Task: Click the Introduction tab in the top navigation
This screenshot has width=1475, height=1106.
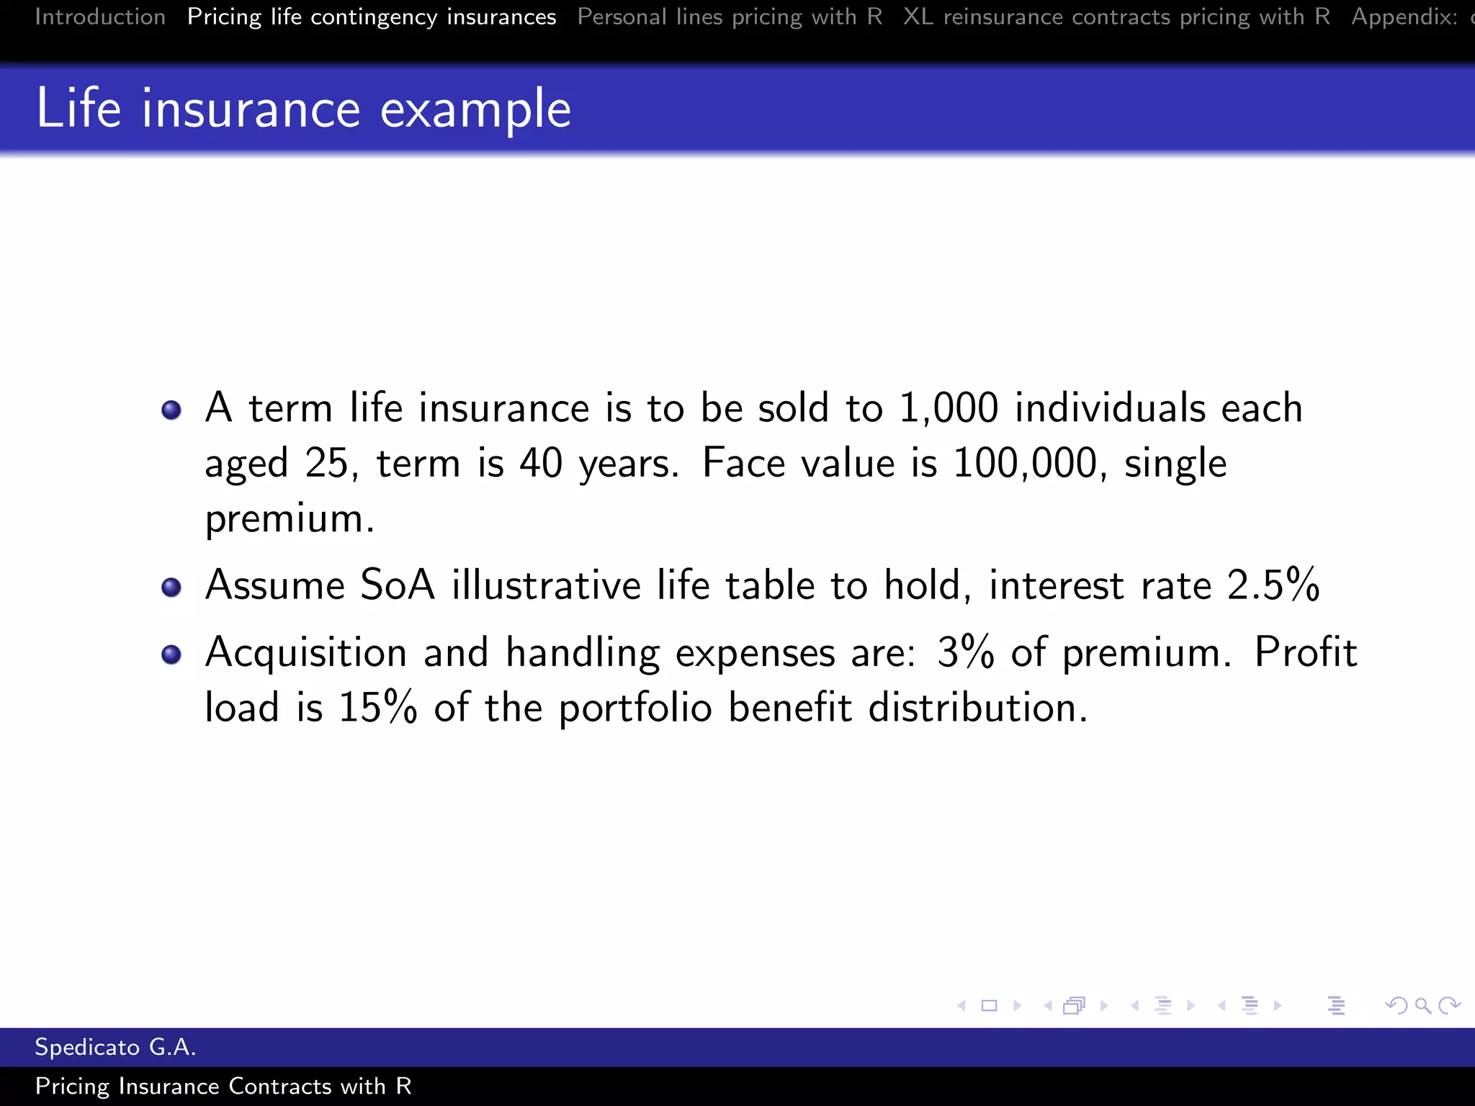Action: pyautogui.click(x=100, y=17)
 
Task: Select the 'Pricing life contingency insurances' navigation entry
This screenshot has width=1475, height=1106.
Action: pyautogui.click(x=371, y=17)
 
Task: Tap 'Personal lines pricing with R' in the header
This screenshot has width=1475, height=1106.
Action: pyautogui.click(x=730, y=17)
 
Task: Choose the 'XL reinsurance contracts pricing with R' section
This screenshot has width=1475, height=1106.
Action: pyautogui.click(x=1116, y=17)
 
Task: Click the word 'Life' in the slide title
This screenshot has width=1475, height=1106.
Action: pyautogui.click(x=79, y=109)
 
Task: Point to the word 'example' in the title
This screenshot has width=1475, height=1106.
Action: pyautogui.click(x=475, y=110)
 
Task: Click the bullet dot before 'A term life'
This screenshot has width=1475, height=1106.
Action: pyautogui.click(x=171, y=410)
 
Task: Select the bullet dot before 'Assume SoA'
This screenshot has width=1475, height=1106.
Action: pyautogui.click(x=171, y=588)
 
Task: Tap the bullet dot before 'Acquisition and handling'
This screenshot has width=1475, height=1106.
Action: pyautogui.click(x=171, y=655)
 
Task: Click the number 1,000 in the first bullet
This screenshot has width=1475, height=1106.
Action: pyautogui.click(x=949, y=408)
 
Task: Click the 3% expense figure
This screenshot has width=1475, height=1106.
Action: pyautogui.click(x=966, y=652)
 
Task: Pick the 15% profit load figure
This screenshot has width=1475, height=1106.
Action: pyautogui.click(x=378, y=707)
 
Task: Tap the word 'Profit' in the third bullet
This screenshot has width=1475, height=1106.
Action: pyautogui.click(x=1305, y=652)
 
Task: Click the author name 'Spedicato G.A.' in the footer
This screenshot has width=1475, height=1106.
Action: pyautogui.click(x=115, y=1047)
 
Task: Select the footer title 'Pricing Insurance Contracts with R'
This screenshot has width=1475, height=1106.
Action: pyautogui.click(x=223, y=1086)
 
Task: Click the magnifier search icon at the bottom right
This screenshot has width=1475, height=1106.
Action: pyautogui.click(x=1422, y=1005)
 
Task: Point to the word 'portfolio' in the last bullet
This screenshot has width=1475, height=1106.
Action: pyautogui.click(x=635, y=709)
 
